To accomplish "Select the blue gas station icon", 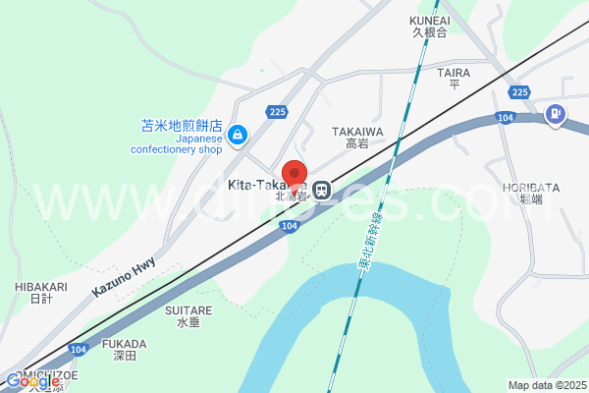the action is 557,115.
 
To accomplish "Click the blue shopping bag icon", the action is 238,136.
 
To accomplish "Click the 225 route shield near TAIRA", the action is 520,92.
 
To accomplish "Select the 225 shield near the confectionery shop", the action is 277,112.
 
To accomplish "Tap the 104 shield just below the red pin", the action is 288,226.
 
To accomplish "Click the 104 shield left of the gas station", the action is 506,117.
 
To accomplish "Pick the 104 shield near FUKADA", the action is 80,349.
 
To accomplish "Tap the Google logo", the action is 31,381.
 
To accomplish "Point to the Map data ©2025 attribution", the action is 546,385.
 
